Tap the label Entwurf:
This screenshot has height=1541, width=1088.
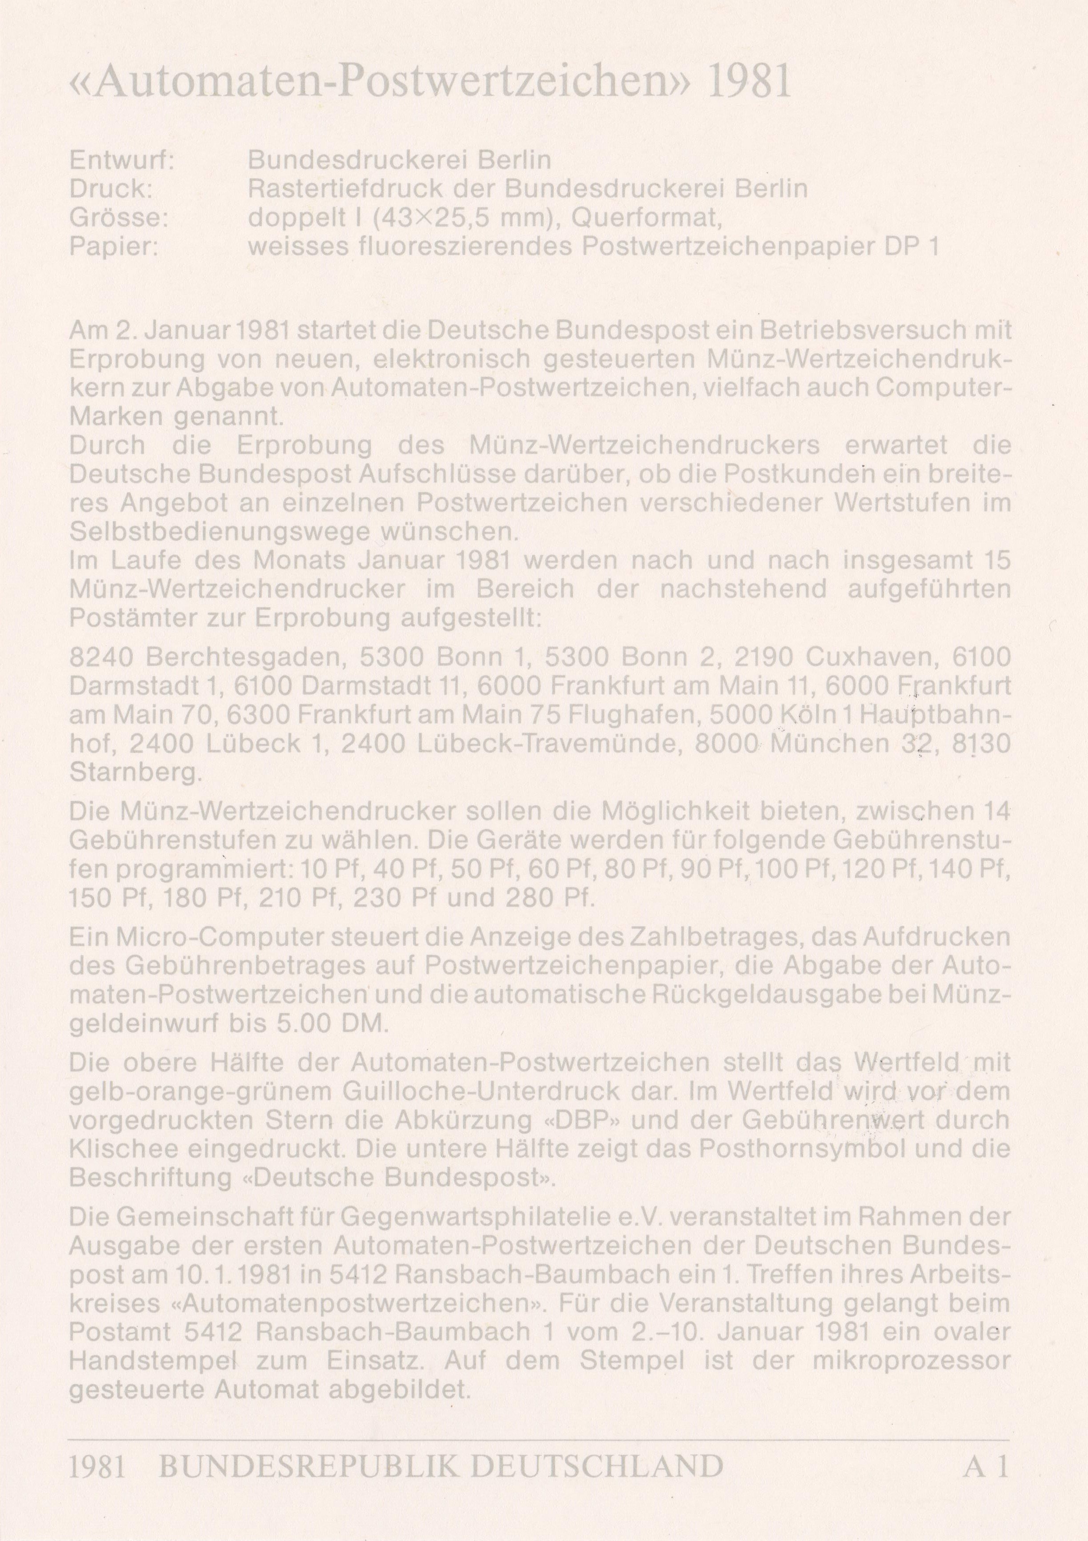122,161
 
